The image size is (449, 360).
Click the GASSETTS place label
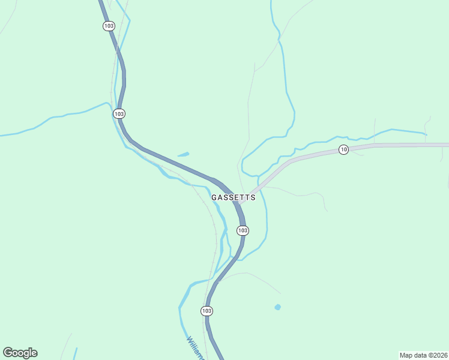(234, 197)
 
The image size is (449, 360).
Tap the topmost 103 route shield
(108, 26)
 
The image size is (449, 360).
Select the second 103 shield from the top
(119, 113)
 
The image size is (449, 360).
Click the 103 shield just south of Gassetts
(243, 230)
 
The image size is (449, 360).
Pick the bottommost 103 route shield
(206, 311)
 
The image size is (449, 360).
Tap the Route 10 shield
(343, 149)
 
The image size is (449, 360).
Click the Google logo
(20, 353)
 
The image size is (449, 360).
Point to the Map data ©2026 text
(423, 355)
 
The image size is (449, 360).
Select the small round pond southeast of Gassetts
(277, 307)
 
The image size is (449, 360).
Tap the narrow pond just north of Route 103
(183, 154)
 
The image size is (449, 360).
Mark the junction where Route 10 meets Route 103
(240, 203)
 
